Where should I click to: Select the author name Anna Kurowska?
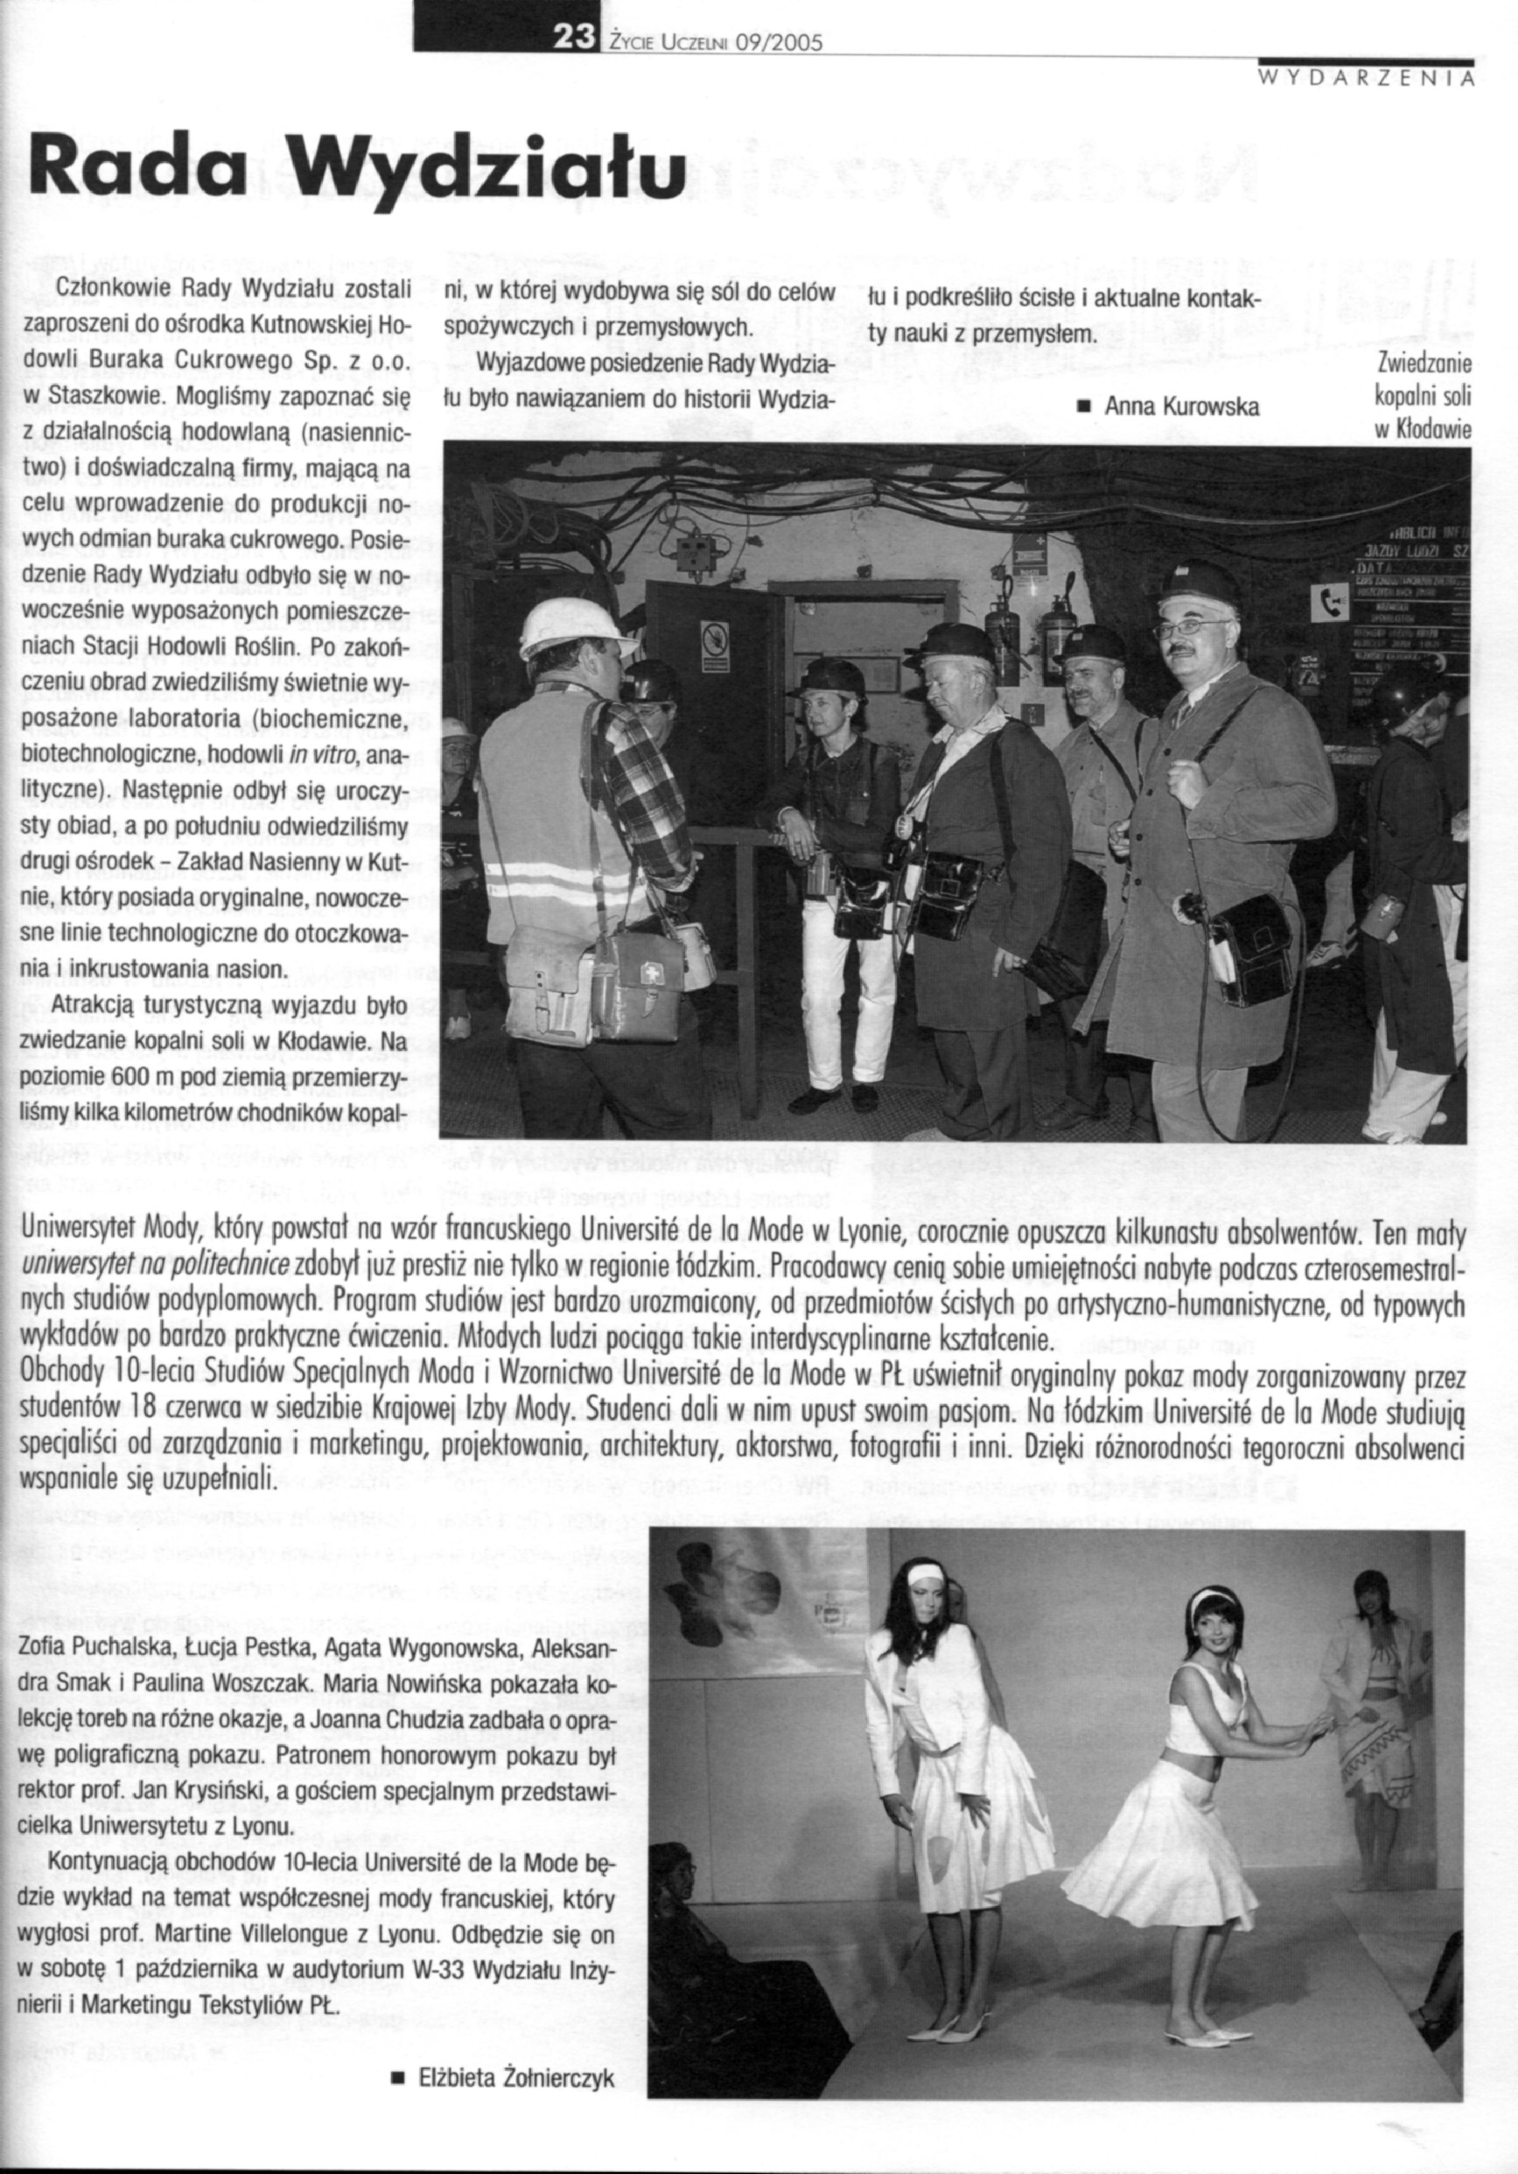click(x=1181, y=407)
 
